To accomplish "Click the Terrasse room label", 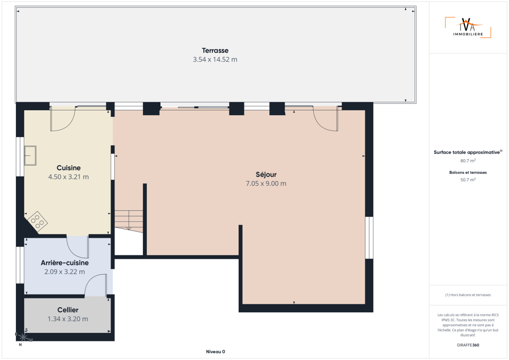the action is point(215,50).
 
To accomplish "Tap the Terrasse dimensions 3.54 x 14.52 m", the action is point(215,60).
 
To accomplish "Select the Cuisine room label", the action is point(68,168).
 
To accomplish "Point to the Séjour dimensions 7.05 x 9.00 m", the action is point(266,184).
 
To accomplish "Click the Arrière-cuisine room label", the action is point(64,263).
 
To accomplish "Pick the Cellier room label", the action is point(68,310).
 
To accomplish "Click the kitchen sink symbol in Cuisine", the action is point(30,155).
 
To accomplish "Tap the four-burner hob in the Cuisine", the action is point(37,221).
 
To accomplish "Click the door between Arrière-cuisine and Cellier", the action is point(96,285).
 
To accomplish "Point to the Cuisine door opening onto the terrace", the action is point(63,118).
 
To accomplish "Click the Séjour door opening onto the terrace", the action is point(325,118).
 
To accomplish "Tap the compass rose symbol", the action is point(23,337).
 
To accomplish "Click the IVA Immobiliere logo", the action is point(468,27).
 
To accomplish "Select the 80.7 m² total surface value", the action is point(468,161).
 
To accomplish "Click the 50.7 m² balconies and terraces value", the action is point(468,180).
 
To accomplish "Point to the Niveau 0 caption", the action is point(216,352).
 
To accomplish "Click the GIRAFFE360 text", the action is point(468,345).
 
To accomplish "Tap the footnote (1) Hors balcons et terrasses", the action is point(468,295).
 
